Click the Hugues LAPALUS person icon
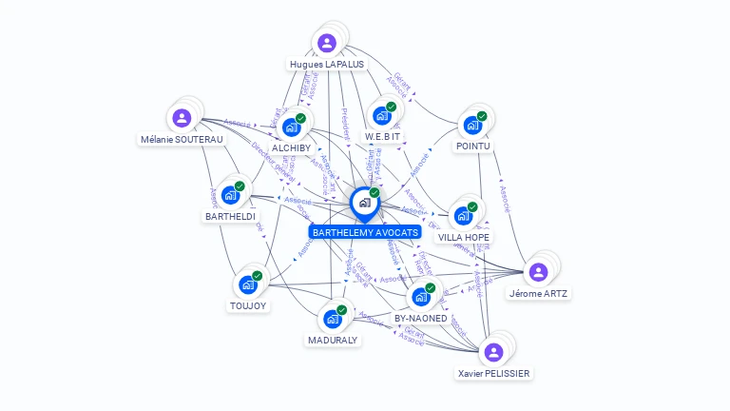[327, 43]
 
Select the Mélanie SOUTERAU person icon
[182, 118]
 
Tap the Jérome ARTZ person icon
[538, 272]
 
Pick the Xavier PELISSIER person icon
[493, 352]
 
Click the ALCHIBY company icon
[291, 127]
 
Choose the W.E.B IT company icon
[382, 116]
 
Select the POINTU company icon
[472, 125]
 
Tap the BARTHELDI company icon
[230, 196]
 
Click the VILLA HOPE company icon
[463, 216]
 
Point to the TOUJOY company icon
[248, 284]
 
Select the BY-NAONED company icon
[421, 297]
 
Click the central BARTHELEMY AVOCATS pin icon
[364, 203]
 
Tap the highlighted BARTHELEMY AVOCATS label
[365, 232]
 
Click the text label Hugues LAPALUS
[327, 65]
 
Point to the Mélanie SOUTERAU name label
[182, 140]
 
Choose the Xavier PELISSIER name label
[493, 374]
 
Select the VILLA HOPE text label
[464, 237]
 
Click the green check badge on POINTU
[482, 116]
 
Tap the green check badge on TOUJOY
[257, 276]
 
